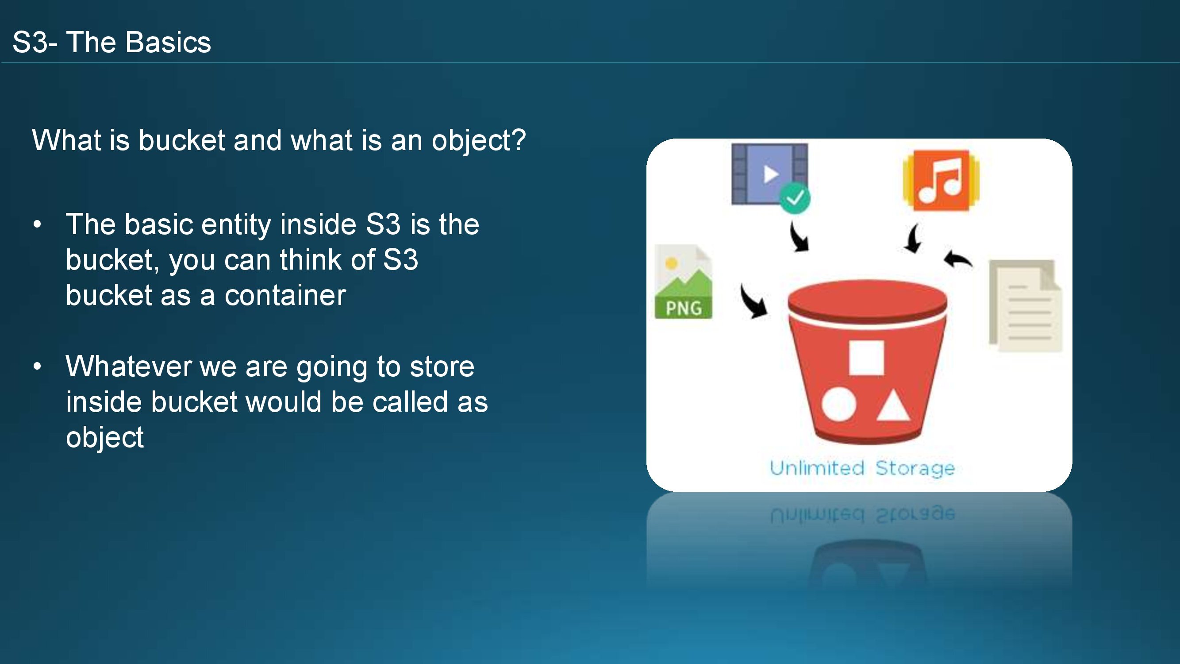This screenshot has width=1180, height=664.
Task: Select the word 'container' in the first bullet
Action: pos(285,295)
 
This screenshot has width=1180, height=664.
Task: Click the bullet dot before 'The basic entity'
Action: pos(37,224)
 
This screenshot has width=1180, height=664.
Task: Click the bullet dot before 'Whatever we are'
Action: pos(37,366)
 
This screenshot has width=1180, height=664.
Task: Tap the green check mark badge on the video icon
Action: pos(795,198)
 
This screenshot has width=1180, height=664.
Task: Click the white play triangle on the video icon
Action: pos(770,174)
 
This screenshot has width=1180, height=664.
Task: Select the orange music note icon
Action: pos(941,181)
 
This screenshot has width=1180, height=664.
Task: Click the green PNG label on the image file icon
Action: pos(684,308)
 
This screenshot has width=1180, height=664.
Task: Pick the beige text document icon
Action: pos(1025,305)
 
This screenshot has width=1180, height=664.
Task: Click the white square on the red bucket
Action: pos(866,358)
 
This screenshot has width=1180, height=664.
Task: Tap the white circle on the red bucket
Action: pos(839,404)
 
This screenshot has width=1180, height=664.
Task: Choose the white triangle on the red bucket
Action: pos(893,405)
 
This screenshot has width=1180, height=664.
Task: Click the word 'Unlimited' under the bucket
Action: pos(817,468)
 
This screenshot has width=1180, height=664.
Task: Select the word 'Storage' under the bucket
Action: pos(915,469)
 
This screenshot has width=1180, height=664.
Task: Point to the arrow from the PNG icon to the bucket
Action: pos(753,301)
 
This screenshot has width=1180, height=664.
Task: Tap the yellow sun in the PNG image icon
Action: pos(671,263)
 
